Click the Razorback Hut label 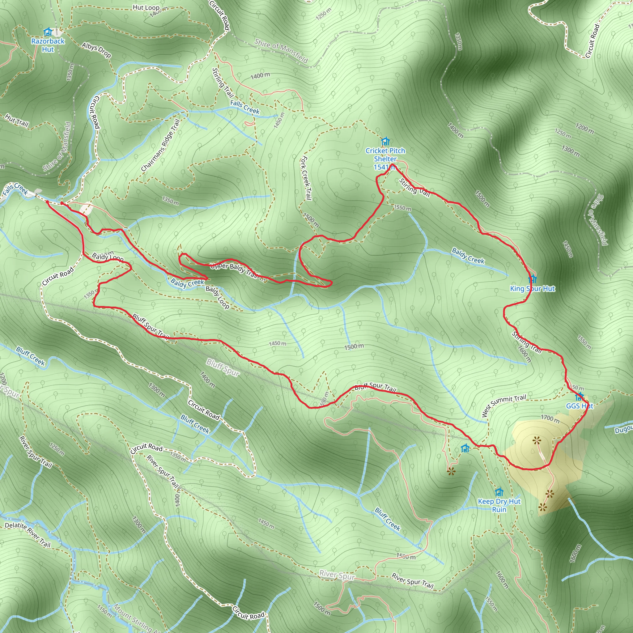pos(48,45)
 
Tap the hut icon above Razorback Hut pos(48,32)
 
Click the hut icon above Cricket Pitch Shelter pos(385,142)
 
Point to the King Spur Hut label pos(533,289)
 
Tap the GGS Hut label pos(579,406)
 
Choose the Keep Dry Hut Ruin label pos(499,505)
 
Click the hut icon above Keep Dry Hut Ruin pos(499,492)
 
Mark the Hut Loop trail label pos(146,7)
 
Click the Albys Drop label pos(96,50)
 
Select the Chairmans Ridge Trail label pos(160,145)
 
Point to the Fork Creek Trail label pos(305,178)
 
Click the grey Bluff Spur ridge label pos(223,367)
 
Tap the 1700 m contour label pos(550,418)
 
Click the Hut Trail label pos(17,120)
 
